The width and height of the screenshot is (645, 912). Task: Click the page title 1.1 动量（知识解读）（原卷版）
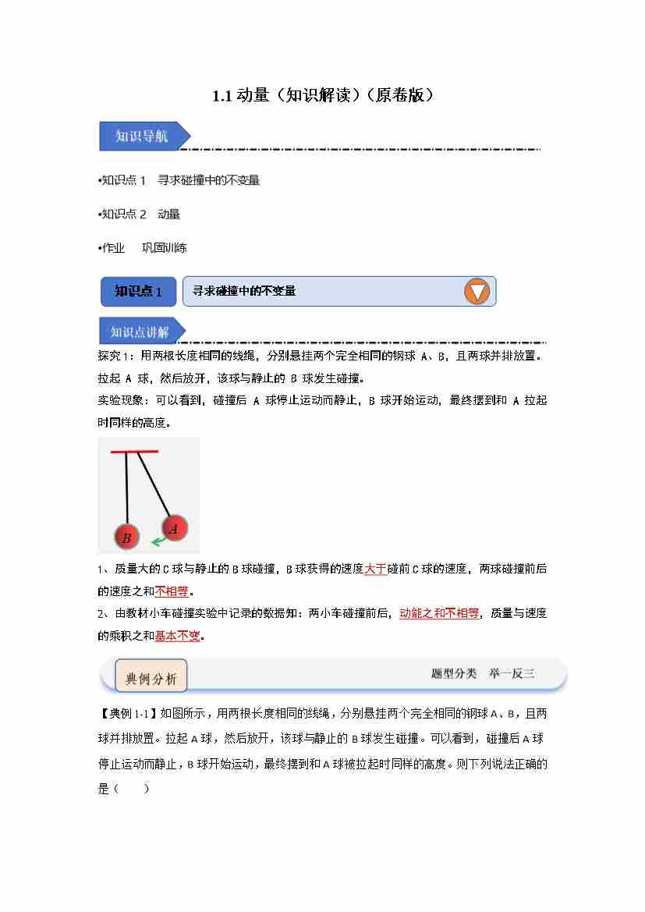tap(322, 96)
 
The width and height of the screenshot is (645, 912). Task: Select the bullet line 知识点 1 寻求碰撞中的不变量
tap(180, 180)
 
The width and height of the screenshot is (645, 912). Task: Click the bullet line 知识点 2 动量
tap(140, 214)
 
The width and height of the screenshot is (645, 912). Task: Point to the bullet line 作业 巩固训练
tap(144, 248)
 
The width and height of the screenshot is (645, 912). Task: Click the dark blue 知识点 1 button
tap(138, 292)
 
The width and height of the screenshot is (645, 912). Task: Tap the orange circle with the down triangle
tap(477, 292)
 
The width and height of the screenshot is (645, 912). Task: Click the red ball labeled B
tap(126, 537)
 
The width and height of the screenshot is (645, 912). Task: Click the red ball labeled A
tap(174, 528)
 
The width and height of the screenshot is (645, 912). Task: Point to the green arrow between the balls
tap(159, 540)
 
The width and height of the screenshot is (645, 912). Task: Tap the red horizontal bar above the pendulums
tap(134, 452)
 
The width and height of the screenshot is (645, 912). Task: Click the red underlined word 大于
tap(375, 569)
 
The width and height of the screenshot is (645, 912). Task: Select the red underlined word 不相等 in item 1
tap(171, 591)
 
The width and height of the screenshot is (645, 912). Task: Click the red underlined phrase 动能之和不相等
tap(439, 613)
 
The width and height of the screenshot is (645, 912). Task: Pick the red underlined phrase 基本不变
tap(177, 635)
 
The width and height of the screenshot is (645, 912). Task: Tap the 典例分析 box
tap(151, 678)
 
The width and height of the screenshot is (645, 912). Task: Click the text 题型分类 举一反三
tap(483, 673)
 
